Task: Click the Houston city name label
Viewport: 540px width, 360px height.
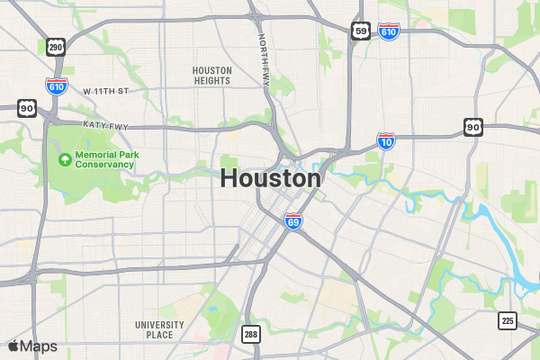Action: coord(270,178)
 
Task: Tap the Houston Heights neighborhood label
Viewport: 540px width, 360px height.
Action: coord(212,76)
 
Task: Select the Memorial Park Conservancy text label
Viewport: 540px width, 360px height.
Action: coord(106,160)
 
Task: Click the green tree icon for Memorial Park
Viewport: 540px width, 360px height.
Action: coord(65,160)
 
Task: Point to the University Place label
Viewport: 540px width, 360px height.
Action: coord(159,329)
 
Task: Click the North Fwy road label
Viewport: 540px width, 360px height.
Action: coord(264,60)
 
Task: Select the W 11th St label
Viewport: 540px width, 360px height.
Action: coord(106,92)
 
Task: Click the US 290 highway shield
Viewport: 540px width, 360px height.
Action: coord(56,47)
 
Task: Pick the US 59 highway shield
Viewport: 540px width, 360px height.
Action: coord(360,31)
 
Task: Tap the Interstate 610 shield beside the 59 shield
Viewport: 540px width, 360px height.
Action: coord(389,31)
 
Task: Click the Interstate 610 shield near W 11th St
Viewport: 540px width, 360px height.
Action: coord(56,86)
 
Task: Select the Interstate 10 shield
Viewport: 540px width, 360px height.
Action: coord(386,140)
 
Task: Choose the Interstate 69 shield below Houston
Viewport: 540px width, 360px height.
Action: coord(293,220)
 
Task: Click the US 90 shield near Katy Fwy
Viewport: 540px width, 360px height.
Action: coord(25,108)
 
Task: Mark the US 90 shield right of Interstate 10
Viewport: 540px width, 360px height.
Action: coord(473,127)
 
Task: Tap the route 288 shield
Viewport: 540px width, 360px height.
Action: coord(251,334)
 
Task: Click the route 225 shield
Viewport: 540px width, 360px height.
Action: coord(508,320)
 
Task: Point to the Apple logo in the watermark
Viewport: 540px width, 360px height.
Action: coord(13,346)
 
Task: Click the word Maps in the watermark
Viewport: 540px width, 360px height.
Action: coord(39,346)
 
